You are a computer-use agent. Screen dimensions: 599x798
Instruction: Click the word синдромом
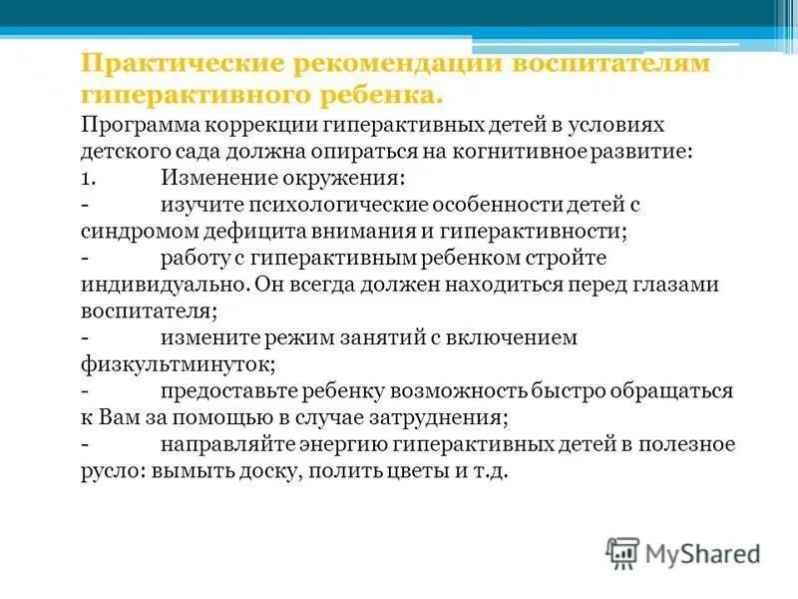132,231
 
